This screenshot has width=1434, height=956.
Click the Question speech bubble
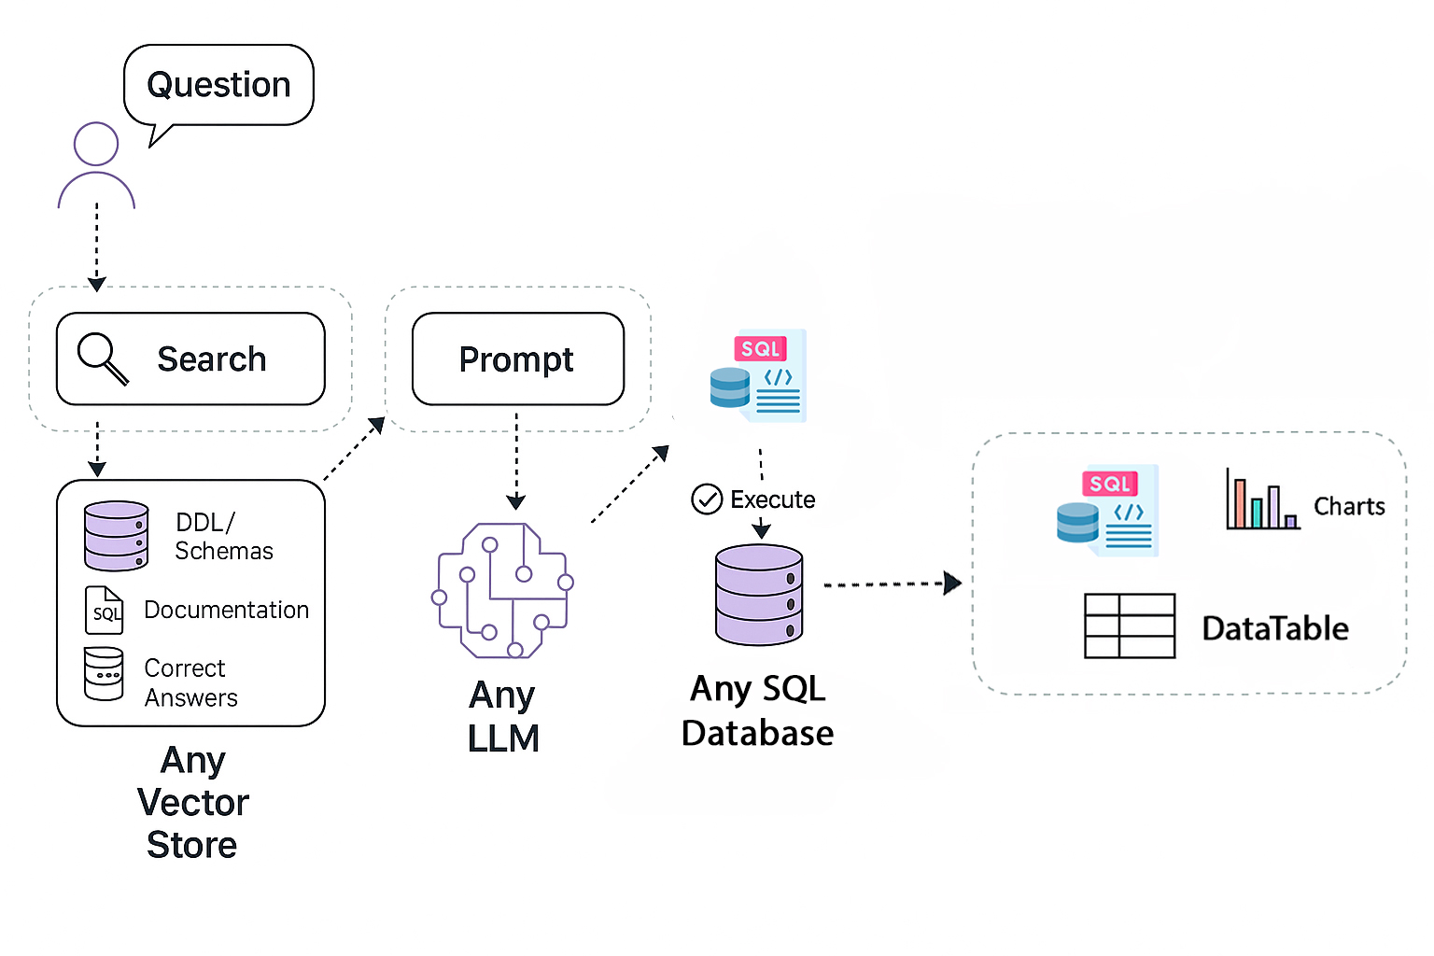click(218, 85)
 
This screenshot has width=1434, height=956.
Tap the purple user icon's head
click(96, 145)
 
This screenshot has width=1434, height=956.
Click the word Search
click(212, 359)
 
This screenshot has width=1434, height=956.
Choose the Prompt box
click(517, 359)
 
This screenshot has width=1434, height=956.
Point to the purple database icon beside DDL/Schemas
click(116, 536)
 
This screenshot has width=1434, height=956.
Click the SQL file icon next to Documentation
click(104, 611)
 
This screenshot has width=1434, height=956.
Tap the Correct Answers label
click(190, 682)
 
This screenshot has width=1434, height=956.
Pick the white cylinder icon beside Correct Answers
click(104, 673)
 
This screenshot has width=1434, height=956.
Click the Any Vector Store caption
click(192, 802)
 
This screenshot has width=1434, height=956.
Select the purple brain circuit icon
click(502, 590)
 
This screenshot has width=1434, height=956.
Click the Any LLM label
click(503, 716)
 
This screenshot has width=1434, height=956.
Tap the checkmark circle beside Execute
click(707, 499)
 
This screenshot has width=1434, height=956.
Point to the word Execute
click(772, 499)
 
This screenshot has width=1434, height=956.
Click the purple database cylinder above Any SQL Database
click(759, 595)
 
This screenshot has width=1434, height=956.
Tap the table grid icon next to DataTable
click(1130, 626)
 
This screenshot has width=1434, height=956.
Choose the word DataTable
click(1275, 628)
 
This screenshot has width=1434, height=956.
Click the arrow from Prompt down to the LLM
click(516, 461)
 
